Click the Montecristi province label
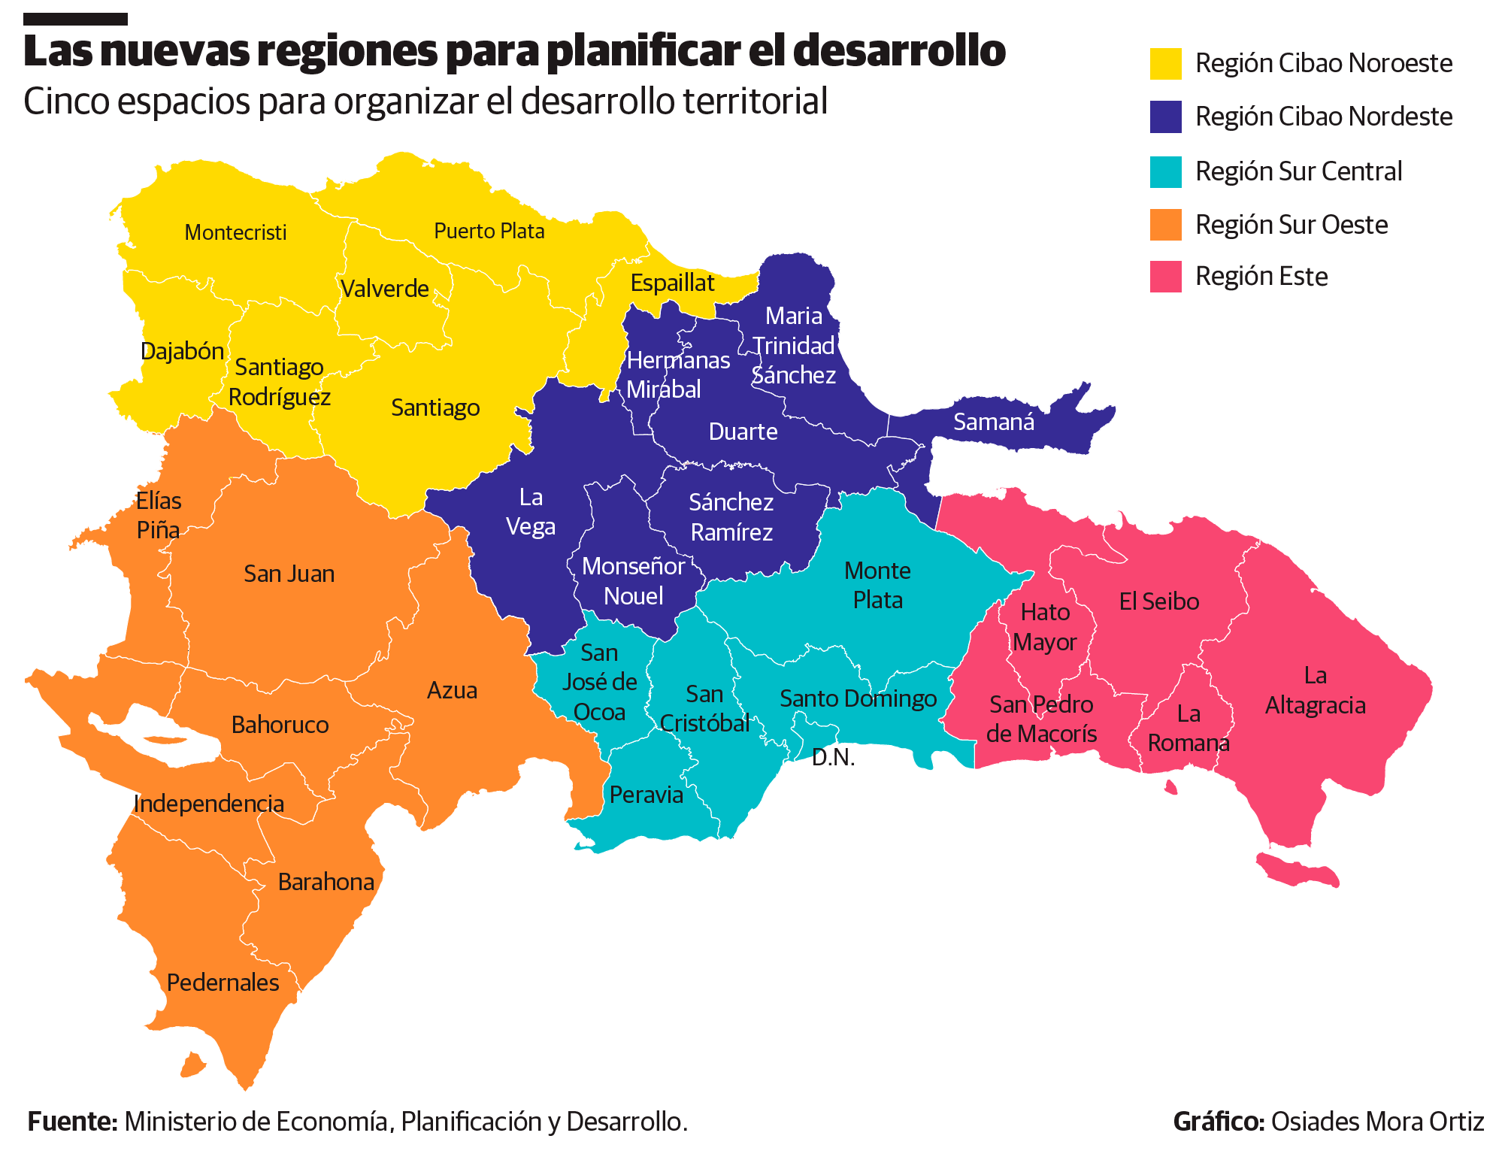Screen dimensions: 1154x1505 pos(235,232)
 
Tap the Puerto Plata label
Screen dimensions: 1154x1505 pos(489,231)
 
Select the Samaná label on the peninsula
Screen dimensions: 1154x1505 pos(993,423)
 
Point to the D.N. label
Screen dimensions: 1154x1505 pos(833,757)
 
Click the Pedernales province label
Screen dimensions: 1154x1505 pos(223,983)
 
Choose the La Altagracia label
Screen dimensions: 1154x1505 pos(1315,690)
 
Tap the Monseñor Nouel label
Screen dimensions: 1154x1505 pos(633,581)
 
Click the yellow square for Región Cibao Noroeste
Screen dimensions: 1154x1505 pos(1165,64)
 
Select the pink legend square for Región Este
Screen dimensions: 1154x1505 pos(1165,277)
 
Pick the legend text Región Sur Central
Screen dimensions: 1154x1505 pos(1298,171)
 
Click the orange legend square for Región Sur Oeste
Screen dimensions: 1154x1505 pos(1165,225)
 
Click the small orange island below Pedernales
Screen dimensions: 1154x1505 pos(192,1065)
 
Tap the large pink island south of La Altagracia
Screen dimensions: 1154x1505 pos(1299,871)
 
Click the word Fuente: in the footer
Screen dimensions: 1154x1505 pos(72,1122)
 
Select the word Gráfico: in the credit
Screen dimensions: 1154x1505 pos(1219,1122)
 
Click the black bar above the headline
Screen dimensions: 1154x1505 pos(75,19)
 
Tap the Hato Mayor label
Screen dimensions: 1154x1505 pos(1045,627)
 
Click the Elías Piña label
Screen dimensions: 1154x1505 pos(159,516)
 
